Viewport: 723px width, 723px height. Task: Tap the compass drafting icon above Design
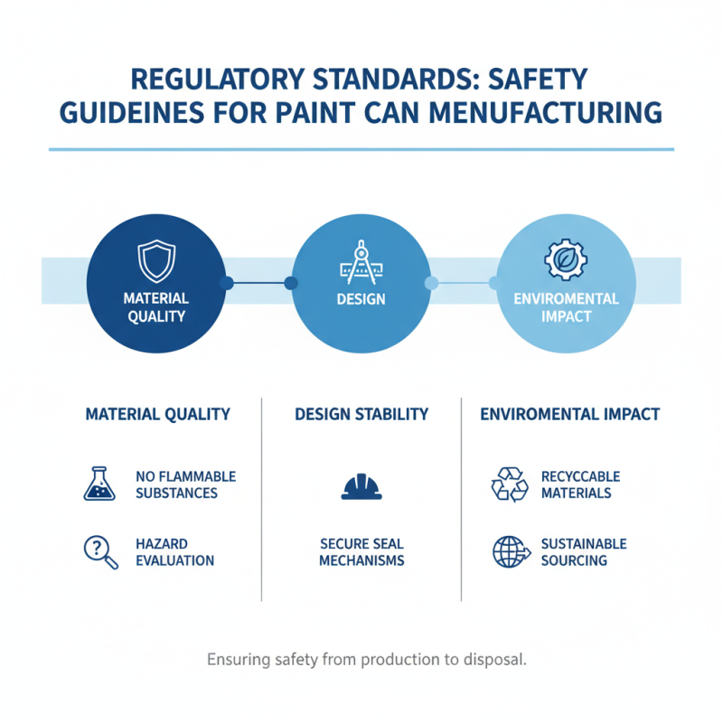coord(361,262)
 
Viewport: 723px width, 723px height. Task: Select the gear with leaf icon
coord(566,259)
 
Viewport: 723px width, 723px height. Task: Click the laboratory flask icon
coord(99,484)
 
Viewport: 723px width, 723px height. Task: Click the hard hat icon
coord(361,487)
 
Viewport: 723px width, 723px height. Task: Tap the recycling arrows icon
coord(510,484)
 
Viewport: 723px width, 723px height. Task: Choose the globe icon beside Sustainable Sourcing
coord(511,551)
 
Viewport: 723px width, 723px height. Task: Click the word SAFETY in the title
coord(538,79)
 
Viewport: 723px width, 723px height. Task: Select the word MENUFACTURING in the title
coord(546,113)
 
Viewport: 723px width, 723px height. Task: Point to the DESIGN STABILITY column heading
coord(361,414)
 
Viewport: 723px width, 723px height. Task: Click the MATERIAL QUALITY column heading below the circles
coord(157,414)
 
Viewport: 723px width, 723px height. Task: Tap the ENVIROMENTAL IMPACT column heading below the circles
coord(570,414)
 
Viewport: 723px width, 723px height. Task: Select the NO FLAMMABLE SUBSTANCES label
coord(186,484)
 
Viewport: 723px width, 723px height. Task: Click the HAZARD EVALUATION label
coord(174,552)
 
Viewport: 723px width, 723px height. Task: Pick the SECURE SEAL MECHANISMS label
coord(361,552)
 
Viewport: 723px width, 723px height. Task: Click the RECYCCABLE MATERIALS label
coord(580,484)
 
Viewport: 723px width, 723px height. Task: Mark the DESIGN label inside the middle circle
coord(361,299)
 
